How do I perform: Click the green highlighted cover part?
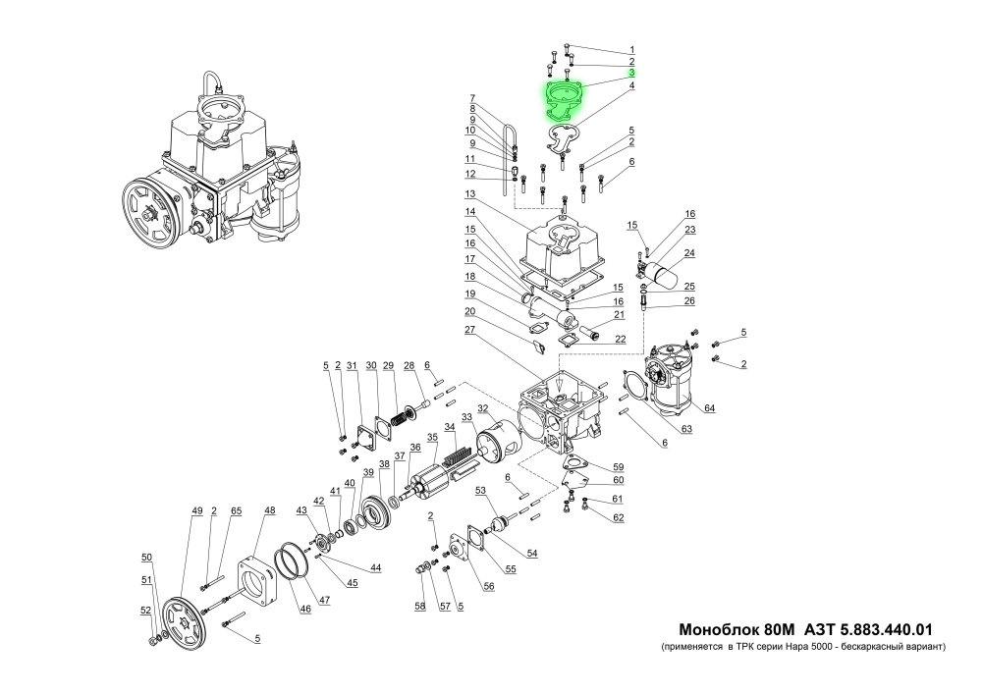(564, 101)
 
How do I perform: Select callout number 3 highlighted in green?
(631, 74)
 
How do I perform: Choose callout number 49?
(196, 510)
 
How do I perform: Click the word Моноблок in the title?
(718, 628)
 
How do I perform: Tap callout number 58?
(419, 607)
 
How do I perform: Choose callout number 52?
(145, 611)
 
